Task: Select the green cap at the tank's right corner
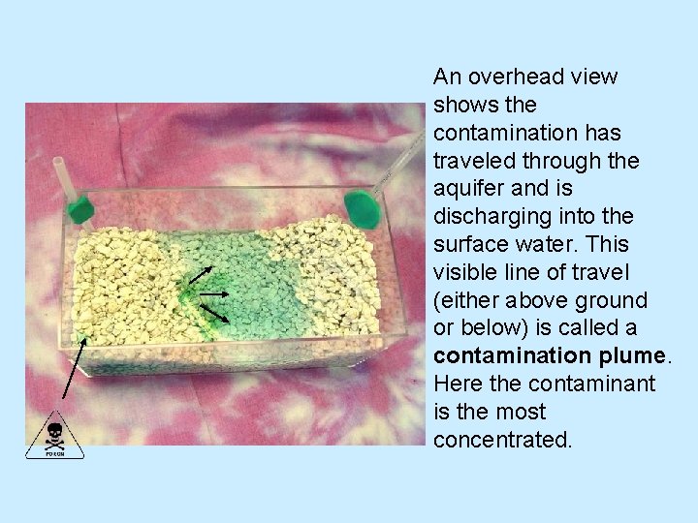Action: point(361,206)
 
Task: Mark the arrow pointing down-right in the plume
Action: point(213,312)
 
